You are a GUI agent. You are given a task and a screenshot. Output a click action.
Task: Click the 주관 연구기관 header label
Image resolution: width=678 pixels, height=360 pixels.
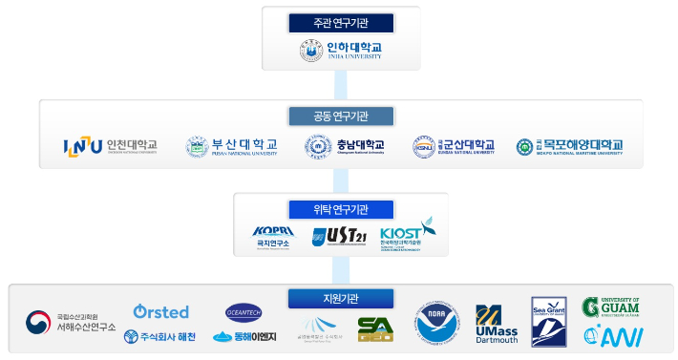point(341,23)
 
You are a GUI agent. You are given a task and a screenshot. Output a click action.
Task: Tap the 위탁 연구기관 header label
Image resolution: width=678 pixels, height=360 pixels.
point(341,209)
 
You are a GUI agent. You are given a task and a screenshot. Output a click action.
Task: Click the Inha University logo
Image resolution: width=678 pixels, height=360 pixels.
point(341,50)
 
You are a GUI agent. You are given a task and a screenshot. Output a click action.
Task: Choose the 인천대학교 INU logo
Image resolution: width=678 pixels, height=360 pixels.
point(110,146)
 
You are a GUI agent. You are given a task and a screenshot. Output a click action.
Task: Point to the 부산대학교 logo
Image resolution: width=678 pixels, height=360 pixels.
point(232,146)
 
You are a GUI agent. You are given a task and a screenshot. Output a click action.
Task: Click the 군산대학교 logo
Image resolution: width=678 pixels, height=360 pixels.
point(454,146)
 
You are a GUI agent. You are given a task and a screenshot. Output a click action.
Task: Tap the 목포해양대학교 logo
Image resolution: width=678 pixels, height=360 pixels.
point(569,146)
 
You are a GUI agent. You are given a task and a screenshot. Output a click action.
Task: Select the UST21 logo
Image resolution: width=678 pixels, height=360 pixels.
point(339,236)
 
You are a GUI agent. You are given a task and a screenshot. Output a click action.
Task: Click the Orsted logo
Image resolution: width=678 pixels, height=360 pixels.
point(160,312)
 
